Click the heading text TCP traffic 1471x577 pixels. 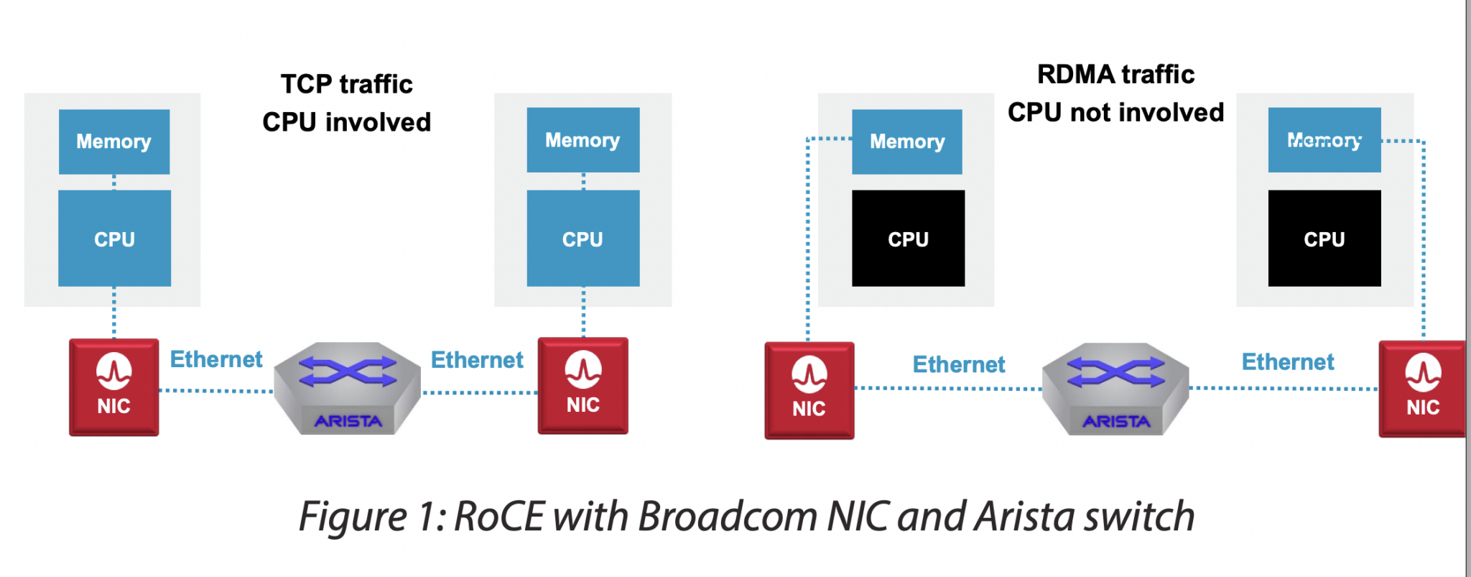[346, 84]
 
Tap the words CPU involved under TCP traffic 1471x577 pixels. [346, 122]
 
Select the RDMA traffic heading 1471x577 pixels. [1115, 74]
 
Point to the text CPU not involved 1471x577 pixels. [1115, 112]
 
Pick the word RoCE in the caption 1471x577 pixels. [499, 517]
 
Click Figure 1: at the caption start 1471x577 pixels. [373, 517]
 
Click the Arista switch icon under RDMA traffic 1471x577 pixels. [1115, 388]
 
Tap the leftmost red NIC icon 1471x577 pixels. [114, 387]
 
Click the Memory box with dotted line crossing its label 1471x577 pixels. [1324, 140]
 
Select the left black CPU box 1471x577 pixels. [908, 239]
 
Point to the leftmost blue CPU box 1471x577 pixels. [114, 239]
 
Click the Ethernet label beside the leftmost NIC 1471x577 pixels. [216, 359]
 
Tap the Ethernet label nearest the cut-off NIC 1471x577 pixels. [1288, 362]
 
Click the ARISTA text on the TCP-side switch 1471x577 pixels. [348, 421]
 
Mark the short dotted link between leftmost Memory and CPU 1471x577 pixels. [114, 183]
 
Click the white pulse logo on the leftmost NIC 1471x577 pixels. [114, 371]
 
